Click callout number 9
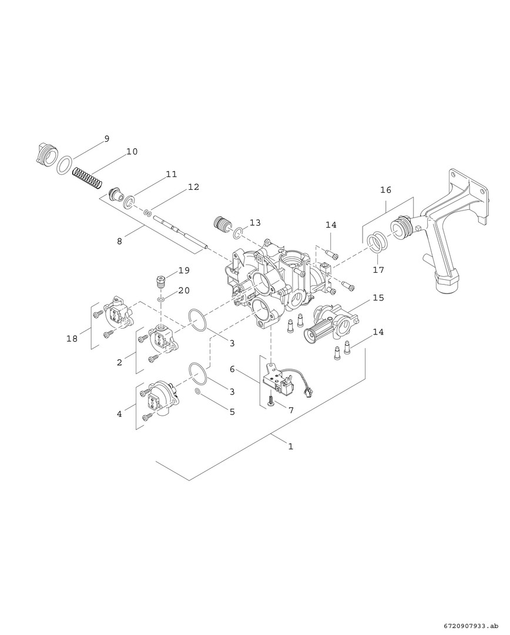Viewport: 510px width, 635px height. pyautogui.click(x=106, y=139)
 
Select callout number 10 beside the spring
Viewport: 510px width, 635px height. pyautogui.click(x=132, y=152)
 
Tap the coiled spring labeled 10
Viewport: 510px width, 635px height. pyautogui.click(x=88, y=174)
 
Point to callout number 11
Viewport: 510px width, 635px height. pyautogui.click(x=171, y=175)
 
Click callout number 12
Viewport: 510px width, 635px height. pyautogui.click(x=193, y=187)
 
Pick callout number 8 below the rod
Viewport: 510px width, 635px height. pyautogui.click(x=119, y=240)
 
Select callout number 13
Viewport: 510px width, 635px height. pyautogui.click(x=254, y=223)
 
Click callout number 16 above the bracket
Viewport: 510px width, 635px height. pyautogui.click(x=385, y=190)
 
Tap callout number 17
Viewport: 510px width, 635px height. pyautogui.click(x=378, y=270)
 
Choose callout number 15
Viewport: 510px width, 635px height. pyautogui.click(x=378, y=298)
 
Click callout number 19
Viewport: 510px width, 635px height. pyautogui.click(x=184, y=270)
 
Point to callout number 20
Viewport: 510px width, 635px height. pyautogui.click(x=184, y=290)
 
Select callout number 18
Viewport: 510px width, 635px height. pyautogui.click(x=72, y=339)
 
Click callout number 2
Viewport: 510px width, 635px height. pyautogui.click(x=119, y=362)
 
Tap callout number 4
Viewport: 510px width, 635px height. pyautogui.click(x=119, y=414)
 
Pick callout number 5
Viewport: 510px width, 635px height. pyautogui.click(x=232, y=412)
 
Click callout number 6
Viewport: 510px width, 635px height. pyautogui.click(x=232, y=369)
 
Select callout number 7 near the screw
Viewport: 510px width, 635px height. pyautogui.click(x=290, y=409)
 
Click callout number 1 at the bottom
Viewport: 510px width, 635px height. pyautogui.click(x=290, y=446)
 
